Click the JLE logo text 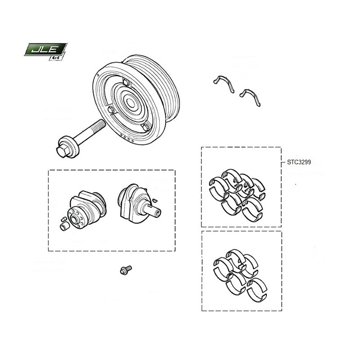coord(45,49)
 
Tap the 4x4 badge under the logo coord(56,58)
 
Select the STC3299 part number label coord(299,162)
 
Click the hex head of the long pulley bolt coord(62,151)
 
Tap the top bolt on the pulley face coord(126,82)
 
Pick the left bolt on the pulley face coord(111,110)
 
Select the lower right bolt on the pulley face coord(146,127)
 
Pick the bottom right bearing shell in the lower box coord(257,290)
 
